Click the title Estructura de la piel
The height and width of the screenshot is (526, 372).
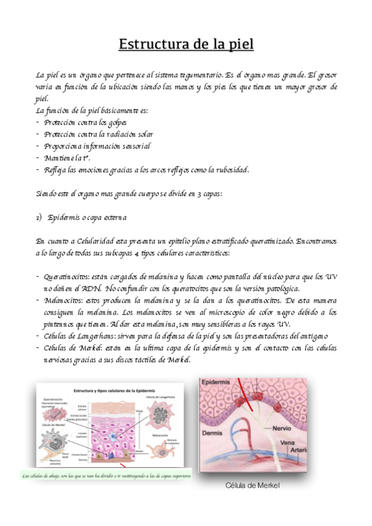point(186,44)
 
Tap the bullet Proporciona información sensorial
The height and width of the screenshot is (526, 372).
point(97,146)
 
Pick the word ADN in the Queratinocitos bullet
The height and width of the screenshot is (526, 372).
point(91,288)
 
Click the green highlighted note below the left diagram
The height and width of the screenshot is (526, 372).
point(106,476)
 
